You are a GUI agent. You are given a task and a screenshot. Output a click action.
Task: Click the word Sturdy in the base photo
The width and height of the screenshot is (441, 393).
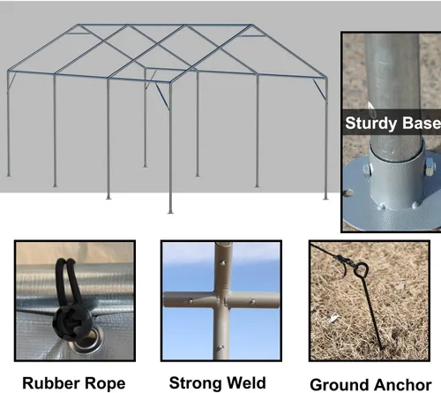(371, 123)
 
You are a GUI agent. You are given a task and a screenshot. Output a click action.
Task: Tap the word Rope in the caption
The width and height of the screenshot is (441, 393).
(101, 383)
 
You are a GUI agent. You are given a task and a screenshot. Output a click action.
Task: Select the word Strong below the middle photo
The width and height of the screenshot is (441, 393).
(193, 382)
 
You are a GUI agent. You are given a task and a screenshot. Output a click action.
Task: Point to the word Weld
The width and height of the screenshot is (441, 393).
(243, 382)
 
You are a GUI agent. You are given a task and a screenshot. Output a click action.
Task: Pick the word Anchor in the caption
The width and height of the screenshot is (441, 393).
(399, 385)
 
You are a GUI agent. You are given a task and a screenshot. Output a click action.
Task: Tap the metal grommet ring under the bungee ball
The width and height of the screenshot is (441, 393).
(88, 342)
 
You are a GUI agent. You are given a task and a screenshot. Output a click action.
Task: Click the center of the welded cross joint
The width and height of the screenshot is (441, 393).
(221, 300)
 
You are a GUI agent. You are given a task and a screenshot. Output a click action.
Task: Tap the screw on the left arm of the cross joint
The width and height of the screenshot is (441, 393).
(191, 301)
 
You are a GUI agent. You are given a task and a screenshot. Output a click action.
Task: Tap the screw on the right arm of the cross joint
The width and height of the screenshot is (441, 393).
(252, 302)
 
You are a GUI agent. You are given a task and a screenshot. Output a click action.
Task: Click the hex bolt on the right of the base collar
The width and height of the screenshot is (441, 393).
(430, 164)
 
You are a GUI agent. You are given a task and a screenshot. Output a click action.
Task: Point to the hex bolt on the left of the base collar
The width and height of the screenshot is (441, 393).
(367, 170)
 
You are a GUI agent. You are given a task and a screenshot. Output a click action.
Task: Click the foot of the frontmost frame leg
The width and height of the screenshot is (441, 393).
(170, 212)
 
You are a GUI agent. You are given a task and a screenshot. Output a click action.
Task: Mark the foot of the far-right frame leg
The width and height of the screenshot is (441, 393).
(325, 198)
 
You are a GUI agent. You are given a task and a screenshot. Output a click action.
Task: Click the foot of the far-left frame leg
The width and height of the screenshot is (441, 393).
(9, 175)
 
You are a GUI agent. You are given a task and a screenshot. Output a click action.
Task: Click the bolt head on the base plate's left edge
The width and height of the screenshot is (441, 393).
(348, 193)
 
